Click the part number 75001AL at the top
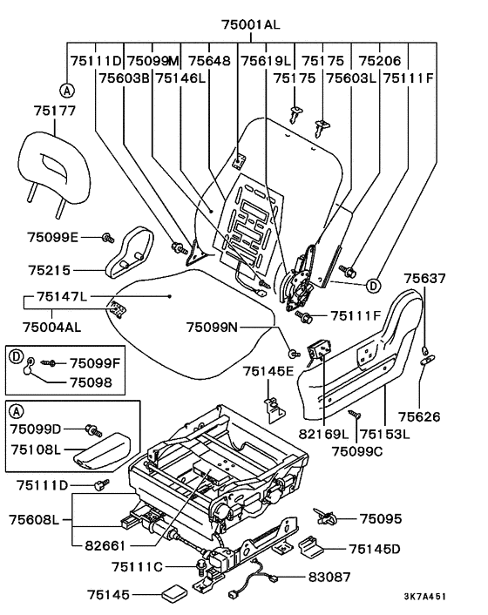click(x=251, y=24)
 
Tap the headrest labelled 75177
click(x=53, y=169)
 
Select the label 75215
click(x=49, y=270)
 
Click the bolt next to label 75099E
click(x=108, y=237)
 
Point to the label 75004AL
click(x=51, y=327)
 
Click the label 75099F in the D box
click(x=95, y=363)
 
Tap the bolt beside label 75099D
click(x=94, y=430)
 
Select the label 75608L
click(x=35, y=520)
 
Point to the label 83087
click(x=329, y=577)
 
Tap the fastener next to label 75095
click(x=325, y=517)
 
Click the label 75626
click(x=419, y=416)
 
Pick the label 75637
click(x=425, y=279)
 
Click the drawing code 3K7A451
click(x=425, y=597)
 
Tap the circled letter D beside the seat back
click(x=374, y=286)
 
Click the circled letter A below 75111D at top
click(x=67, y=91)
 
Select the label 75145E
click(x=268, y=371)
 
